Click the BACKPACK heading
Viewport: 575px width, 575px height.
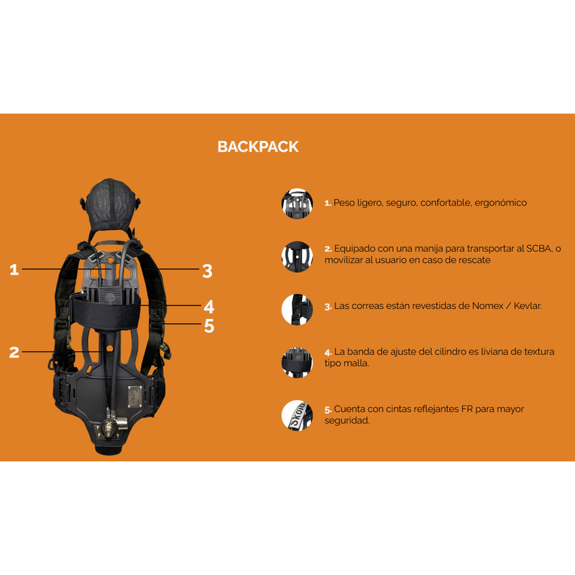258,147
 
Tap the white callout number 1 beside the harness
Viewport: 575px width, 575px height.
14,270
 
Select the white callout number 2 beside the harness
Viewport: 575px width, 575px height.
14,352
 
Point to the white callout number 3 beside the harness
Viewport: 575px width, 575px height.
207,271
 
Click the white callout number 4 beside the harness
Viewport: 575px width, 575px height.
208,305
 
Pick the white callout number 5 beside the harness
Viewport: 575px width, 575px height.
209,326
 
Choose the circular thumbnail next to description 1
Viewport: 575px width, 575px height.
297,203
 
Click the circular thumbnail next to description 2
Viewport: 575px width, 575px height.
297,254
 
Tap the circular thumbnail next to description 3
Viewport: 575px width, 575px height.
297,307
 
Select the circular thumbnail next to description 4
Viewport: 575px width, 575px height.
297,358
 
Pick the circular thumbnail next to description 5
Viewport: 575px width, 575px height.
297,415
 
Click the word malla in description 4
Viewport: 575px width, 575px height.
357,364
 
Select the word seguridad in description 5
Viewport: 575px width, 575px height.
346,420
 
